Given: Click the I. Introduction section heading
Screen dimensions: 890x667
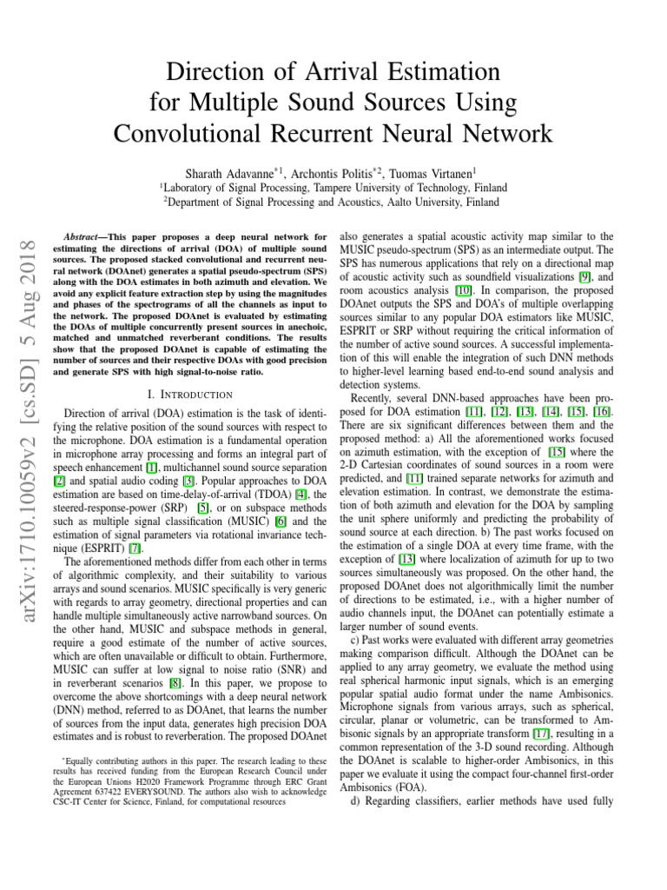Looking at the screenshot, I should [x=191, y=394].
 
